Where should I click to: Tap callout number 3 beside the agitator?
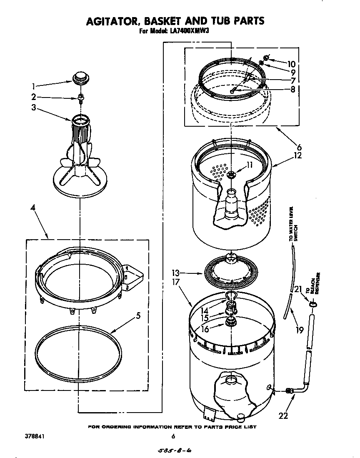pos(33,108)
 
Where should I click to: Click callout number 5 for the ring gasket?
pos(138,315)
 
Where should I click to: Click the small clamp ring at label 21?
pos(312,305)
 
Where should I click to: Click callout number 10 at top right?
pos(291,64)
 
